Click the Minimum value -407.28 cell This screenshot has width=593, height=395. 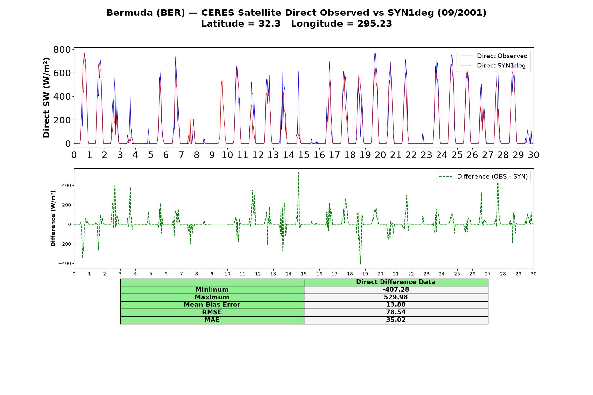tap(396, 290)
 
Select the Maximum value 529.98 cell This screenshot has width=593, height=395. tap(396, 297)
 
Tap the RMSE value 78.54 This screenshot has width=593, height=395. tap(396, 312)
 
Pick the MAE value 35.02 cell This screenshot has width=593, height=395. tap(396, 320)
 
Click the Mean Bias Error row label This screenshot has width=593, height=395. tap(212, 305)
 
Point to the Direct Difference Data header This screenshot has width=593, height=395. tap(396, 282)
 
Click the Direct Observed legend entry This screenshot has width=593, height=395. tap(493, 56)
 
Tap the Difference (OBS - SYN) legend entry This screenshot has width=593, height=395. tap(483, 177)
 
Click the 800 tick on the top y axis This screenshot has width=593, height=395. tap(62, 50)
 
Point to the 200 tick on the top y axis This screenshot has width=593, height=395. tap(62, 120)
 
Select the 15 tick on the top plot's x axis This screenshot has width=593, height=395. tap(304, 155)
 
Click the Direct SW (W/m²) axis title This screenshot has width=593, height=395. tap(46, 97)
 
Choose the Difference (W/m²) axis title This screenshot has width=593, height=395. tap(53, 219)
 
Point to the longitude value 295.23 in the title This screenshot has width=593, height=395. tap(375, 24)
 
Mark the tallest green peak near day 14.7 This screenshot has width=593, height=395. tap(299, 172)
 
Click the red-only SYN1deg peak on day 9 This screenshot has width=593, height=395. tap(222, 80)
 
